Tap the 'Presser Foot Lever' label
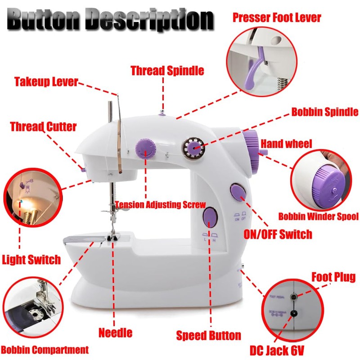[x=276, y=18]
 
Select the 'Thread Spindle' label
[x=167, y=71]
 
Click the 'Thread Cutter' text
[x=43, y=126]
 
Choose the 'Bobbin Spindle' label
[x=324, y=112]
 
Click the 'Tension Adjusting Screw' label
[x=160, y=205]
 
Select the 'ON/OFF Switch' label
[x=278, y=234]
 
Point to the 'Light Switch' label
[x=31, y=260]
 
